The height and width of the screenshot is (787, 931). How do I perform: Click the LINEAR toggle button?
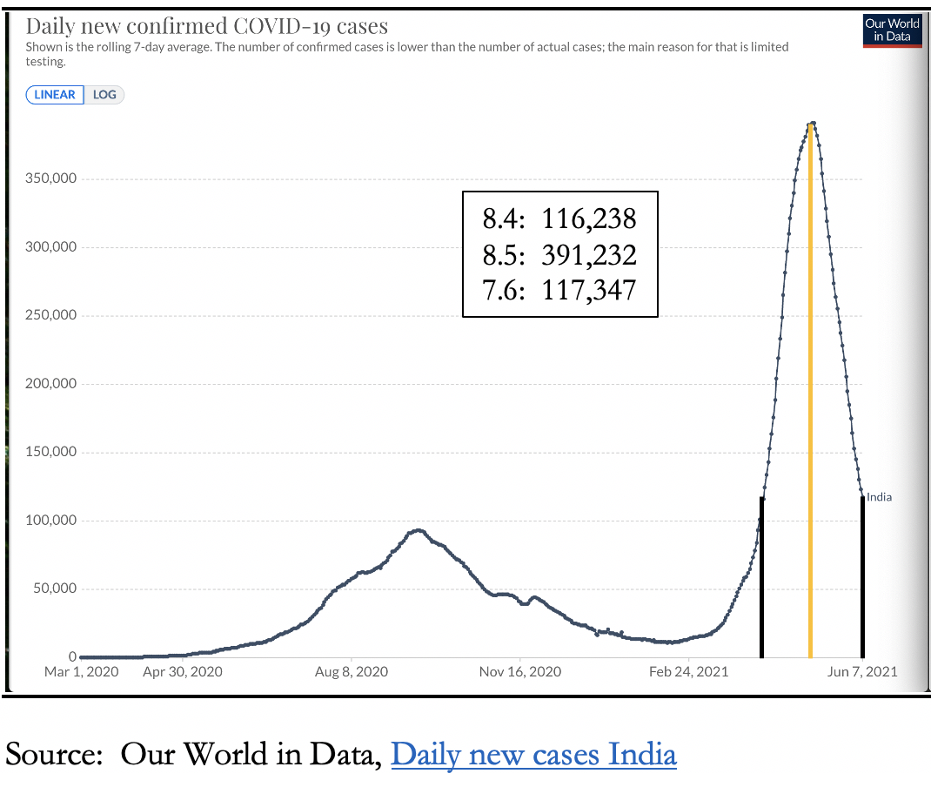click(55, 94)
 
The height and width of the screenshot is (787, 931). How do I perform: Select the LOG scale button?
click(104, 94)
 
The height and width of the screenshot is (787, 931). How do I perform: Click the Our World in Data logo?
click(892, 30)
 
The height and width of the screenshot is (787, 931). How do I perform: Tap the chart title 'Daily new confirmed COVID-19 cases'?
click(207, 26)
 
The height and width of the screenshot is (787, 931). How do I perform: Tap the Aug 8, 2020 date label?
click(352, 672)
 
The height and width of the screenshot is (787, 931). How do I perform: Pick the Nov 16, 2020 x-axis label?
click(520, 672)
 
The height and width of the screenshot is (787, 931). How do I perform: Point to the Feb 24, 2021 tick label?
click(690, 672)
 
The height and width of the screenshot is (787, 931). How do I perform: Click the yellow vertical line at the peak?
click(810, 392)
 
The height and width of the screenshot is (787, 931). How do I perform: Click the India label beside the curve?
click(879, 497)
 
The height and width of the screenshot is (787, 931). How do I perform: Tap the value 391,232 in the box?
click(589, 254)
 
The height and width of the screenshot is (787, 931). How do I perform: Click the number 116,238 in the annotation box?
click(589, 218)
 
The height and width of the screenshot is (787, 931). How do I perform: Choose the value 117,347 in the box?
click(589, 289)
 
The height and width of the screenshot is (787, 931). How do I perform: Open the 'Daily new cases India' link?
click(533, 754)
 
